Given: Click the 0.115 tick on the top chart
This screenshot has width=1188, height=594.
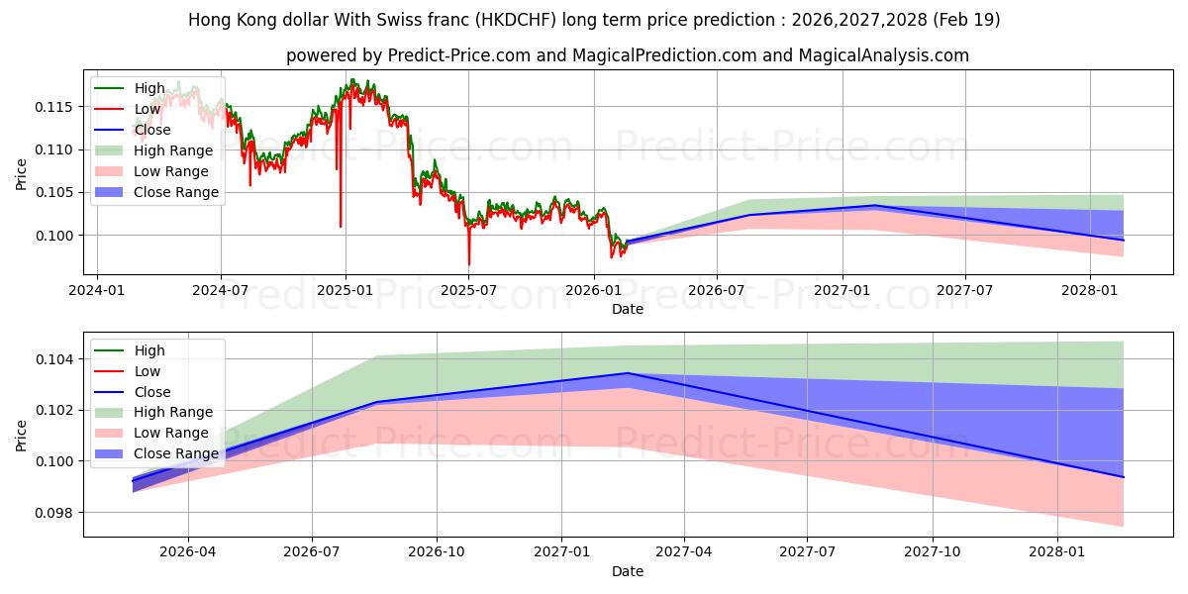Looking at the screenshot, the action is coord(53,107).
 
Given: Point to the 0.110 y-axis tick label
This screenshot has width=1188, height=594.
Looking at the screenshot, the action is coord(53,150).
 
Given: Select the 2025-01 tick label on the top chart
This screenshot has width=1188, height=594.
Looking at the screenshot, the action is coord(346,291).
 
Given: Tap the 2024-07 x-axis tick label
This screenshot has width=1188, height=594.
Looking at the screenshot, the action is coord(221,291).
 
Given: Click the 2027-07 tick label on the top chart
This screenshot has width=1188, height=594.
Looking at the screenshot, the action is coord(964,291).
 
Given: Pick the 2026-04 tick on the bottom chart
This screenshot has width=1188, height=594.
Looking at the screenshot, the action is coord(188,552).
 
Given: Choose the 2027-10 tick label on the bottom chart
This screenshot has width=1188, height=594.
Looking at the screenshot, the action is coord(933,552).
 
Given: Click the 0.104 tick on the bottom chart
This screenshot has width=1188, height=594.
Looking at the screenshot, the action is coord(53,359).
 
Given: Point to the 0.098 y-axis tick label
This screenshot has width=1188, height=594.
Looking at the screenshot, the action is coord(53,513).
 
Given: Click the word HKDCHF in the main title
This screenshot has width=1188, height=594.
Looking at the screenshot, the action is coord(516,20).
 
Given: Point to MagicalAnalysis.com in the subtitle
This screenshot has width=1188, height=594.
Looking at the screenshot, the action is coord(883,55).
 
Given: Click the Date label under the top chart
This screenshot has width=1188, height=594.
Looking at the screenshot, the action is coord(628,309).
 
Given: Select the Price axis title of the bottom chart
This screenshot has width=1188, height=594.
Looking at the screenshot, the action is coord(21,436).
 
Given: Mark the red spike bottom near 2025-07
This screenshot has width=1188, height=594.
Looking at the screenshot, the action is coord(469,264).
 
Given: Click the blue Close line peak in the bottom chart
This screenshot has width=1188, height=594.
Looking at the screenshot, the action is coord(628,373).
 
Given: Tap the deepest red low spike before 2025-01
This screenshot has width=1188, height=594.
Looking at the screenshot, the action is coord(341,227).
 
